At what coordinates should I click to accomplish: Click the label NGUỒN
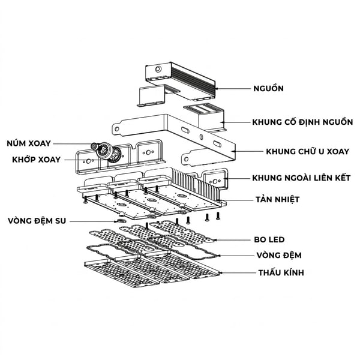pos(268,88)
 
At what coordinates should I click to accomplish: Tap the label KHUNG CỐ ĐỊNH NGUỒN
pos(302,122)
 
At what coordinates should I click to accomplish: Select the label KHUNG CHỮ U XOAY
pos(307,152)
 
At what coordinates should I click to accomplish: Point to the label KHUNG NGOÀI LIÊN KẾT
pos(301,178)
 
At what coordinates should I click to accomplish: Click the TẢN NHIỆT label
pos(278,199)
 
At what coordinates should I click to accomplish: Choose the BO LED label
pos(269,239)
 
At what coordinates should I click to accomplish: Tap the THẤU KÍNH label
pos(281,272)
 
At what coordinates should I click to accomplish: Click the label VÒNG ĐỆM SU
pos(37,221)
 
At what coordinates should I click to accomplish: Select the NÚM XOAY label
pos(29,143)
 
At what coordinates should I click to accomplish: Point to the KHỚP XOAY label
pos(36,160)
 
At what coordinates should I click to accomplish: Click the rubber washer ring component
pos(121,221)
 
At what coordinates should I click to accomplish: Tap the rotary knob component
pos(94,146)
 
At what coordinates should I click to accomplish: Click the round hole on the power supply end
pos(158,69)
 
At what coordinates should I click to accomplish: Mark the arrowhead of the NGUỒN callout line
pos(216,88)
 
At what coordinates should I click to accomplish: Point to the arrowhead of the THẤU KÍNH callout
pos(221,273)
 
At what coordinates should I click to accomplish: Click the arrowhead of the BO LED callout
pos(215,240)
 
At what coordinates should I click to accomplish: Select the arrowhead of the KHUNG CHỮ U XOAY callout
pos(233,151)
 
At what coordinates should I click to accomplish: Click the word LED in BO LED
pos(277,239)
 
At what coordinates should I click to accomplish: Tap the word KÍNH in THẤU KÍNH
pos(293,272)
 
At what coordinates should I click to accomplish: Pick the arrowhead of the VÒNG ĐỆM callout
pos(218,256)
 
